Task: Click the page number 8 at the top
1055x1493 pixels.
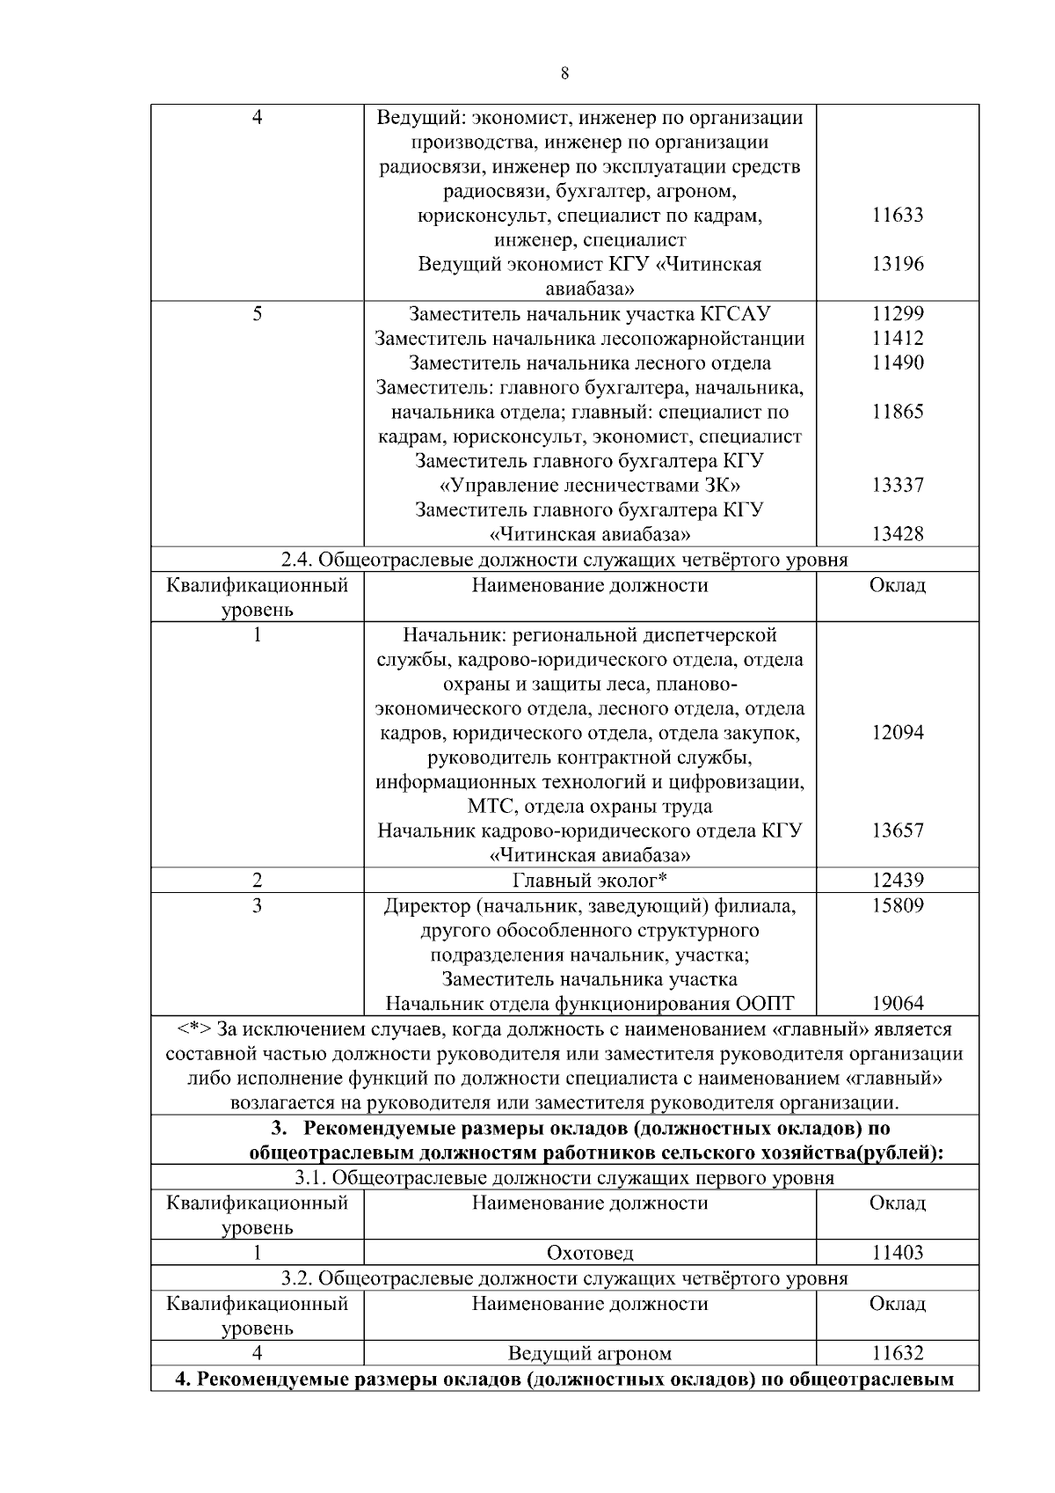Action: click(564, 74)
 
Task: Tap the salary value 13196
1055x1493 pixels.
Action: click(897, 264)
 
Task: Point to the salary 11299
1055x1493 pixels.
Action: click(897, 314)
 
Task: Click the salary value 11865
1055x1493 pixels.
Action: click(897, 412)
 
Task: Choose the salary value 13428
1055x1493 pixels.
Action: click(897, 534)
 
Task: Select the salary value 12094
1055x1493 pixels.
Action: click(897, 733)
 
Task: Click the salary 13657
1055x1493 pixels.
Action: click(897, 831)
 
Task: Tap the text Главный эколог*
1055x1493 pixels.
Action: click(589, 881)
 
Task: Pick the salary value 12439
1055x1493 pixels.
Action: click(897, 881)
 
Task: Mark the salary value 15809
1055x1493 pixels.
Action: click(897, 905)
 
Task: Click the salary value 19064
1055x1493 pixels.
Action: click(897, 1004)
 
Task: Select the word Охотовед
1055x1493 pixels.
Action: click(589, 1253)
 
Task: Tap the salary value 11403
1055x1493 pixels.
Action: click(897, 1253)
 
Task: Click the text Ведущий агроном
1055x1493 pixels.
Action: click(589, 1353)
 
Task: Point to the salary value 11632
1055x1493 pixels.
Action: click(897, 1353)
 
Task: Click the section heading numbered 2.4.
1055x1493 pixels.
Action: click(564, 560)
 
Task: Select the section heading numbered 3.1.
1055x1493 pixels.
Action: click(564, 1178)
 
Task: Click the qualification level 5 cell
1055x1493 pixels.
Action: click(257, 314)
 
